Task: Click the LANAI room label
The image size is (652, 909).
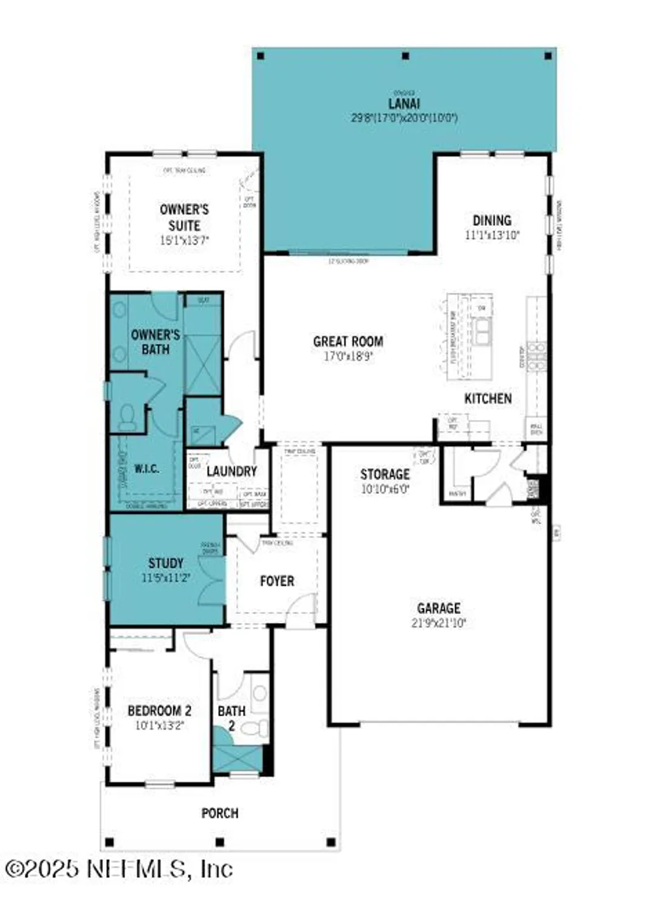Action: (x=404, y=104)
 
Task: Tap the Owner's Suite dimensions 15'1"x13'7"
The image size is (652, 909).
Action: (x=184, y=241)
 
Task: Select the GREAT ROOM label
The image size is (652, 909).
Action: (x=348, y=342)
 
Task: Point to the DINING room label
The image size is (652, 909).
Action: (x=491, y=221)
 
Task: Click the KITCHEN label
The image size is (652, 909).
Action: (x=488, y=399)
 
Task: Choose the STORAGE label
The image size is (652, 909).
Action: (x=385, y=474)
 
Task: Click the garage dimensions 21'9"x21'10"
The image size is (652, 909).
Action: (x=438, y=623)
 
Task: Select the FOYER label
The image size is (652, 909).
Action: (x=277, y=582)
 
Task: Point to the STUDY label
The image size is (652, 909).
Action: (x=165, y=564)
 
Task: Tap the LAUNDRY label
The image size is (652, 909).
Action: (x=231, y=471)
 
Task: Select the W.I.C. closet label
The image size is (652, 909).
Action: (x=146, y=469)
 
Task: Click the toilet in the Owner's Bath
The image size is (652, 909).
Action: (x=127, y=418)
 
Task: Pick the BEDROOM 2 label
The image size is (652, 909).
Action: (x=159, y=711)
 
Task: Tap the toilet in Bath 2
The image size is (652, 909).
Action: (x=260, y=728)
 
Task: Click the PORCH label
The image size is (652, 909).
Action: (x=219, y=813)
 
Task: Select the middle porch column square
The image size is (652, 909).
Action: (x=220, y=842)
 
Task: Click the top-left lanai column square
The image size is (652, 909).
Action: (x=261, y=56)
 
